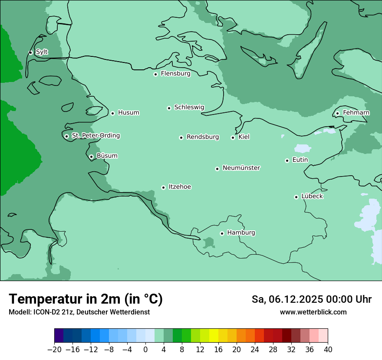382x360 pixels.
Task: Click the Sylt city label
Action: [x=42, y=52]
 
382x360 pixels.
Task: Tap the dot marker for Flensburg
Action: [x=155, y=74]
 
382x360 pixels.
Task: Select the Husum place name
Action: [x=128, y=113]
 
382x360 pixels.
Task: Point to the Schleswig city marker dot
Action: [x=169, y=108]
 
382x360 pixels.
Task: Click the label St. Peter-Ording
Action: [x=95, y=136]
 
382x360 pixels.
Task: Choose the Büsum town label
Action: [x=107, y=156]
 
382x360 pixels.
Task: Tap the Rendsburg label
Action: [x=203, y=137]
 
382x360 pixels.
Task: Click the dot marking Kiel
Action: [x=233, y=137]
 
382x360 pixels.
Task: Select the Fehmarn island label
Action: [x=356, y=113]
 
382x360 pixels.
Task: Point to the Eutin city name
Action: [x=300, y=160]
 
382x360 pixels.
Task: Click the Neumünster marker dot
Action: [x=217, y=169]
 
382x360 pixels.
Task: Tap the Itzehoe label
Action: [x=180, y=187]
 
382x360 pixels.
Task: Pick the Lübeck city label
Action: [x=312, y=196]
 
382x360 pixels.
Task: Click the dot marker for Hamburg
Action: [x=222, y=233]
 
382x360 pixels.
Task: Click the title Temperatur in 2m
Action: [x=86, y=299]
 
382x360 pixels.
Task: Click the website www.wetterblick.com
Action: [x=313, y=312]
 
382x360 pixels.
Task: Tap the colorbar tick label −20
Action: [x=54, y=350]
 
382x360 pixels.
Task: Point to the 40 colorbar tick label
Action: [x=328, y=350]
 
